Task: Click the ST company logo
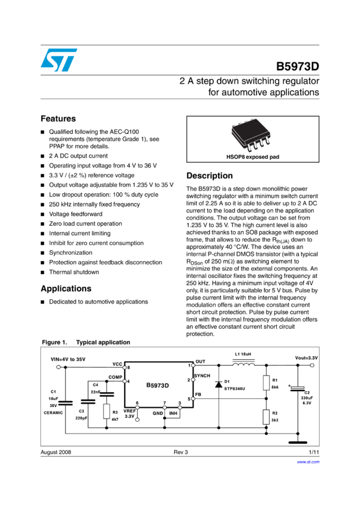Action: [x=59, y=60]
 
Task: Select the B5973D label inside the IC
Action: [x=158, y=386]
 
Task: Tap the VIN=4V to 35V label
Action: [x=68, y=359]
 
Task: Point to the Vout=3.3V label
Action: [x=306, y=357]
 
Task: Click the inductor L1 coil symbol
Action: [x=243, y=362]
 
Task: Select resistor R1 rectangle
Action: [x=266, y=383]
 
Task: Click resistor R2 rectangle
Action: [x=266, y=417]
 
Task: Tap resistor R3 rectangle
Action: [x=107, y=411]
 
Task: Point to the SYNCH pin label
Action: [x=202, y=374]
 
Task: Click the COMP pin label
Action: [x=115, y=377]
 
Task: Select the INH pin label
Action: [x=173, y=413]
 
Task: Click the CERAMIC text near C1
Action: [x=53, y=413]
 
